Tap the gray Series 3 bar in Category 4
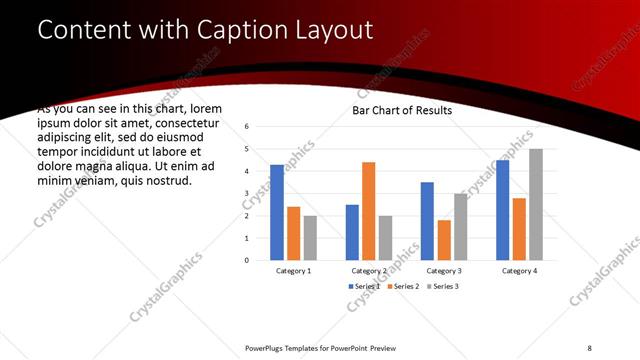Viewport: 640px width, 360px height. pos(536,204)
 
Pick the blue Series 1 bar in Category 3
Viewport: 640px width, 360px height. pos(427,221)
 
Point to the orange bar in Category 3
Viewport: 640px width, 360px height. pos(444,240)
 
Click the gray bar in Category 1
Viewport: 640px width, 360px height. pos(310,238)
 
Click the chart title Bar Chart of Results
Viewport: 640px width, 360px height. pos(402,110)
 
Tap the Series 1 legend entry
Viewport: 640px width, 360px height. pos(363,287)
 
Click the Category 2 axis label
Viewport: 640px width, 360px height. pos(369,271)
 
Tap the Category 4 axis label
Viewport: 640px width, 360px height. pos(519,271)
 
